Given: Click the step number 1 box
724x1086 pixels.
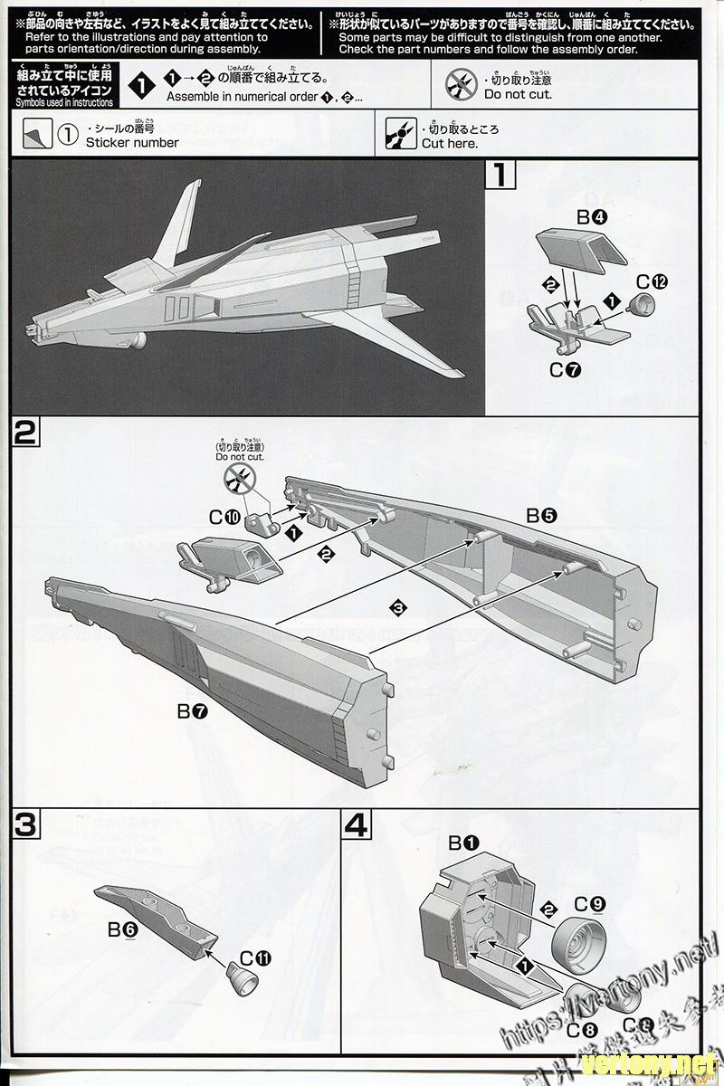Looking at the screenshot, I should click(x=500, y=174).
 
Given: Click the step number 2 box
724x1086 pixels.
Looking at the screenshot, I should click(x=24, y=433).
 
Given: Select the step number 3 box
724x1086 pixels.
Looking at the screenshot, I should click(x=24, y=824).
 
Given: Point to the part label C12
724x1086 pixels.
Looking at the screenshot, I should click(x=650, y=281).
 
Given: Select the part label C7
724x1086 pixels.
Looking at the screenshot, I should click(x=564, y=369).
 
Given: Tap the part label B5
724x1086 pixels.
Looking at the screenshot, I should click(x=542, y=515).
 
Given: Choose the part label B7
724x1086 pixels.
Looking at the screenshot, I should click(x=193, y=711).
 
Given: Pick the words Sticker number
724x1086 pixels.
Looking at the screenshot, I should click(x=132, y=142).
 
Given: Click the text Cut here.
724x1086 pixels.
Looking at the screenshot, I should click(x=450, y=143).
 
